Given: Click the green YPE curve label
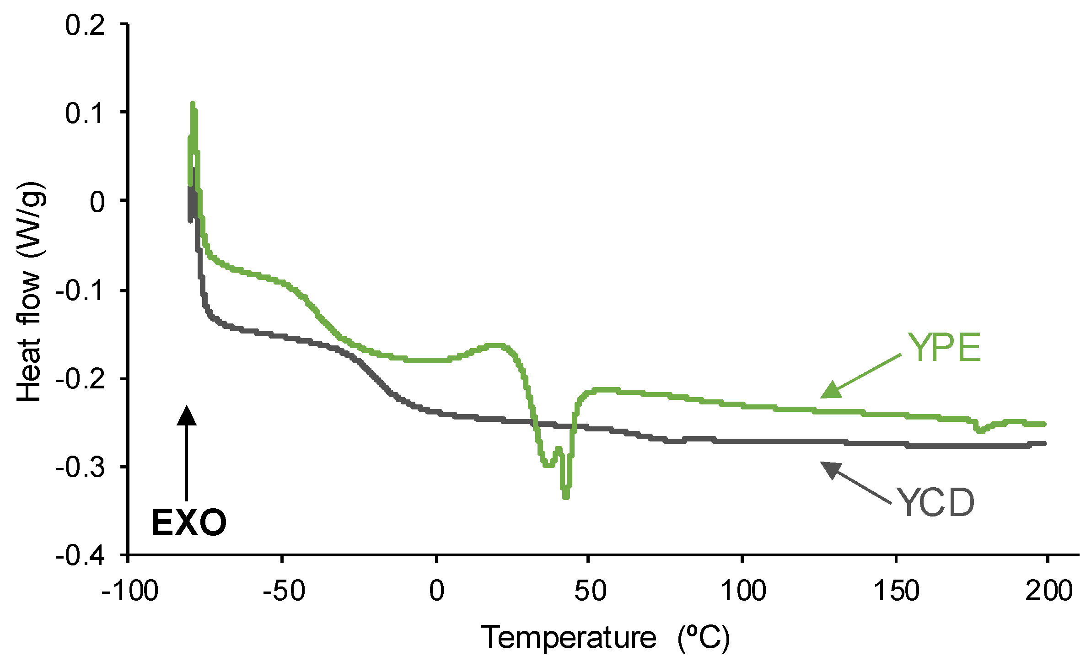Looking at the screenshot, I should [x=944, y=347].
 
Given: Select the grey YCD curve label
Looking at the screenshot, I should [x=936, y=503].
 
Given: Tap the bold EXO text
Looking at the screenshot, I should [x=188, y=522].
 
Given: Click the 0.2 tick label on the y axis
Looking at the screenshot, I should [x=85, y=25].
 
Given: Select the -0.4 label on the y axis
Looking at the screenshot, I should [x=80, y=555].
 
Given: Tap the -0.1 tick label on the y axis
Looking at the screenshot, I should [x=80, y=290].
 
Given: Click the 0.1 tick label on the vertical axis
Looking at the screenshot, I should [x=85, y=113].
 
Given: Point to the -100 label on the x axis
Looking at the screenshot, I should [x=129, y=591].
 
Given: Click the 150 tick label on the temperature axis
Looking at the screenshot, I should [x=896, y=591].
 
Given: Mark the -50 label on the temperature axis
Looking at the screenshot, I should [x=284, y=591].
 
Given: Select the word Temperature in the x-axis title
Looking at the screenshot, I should [x=568, y=637].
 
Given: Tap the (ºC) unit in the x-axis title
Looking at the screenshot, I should [x=704, y=637].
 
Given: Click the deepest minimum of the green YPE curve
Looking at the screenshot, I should [x=566, y=496].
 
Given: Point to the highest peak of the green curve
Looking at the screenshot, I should [x=193, y=104].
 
